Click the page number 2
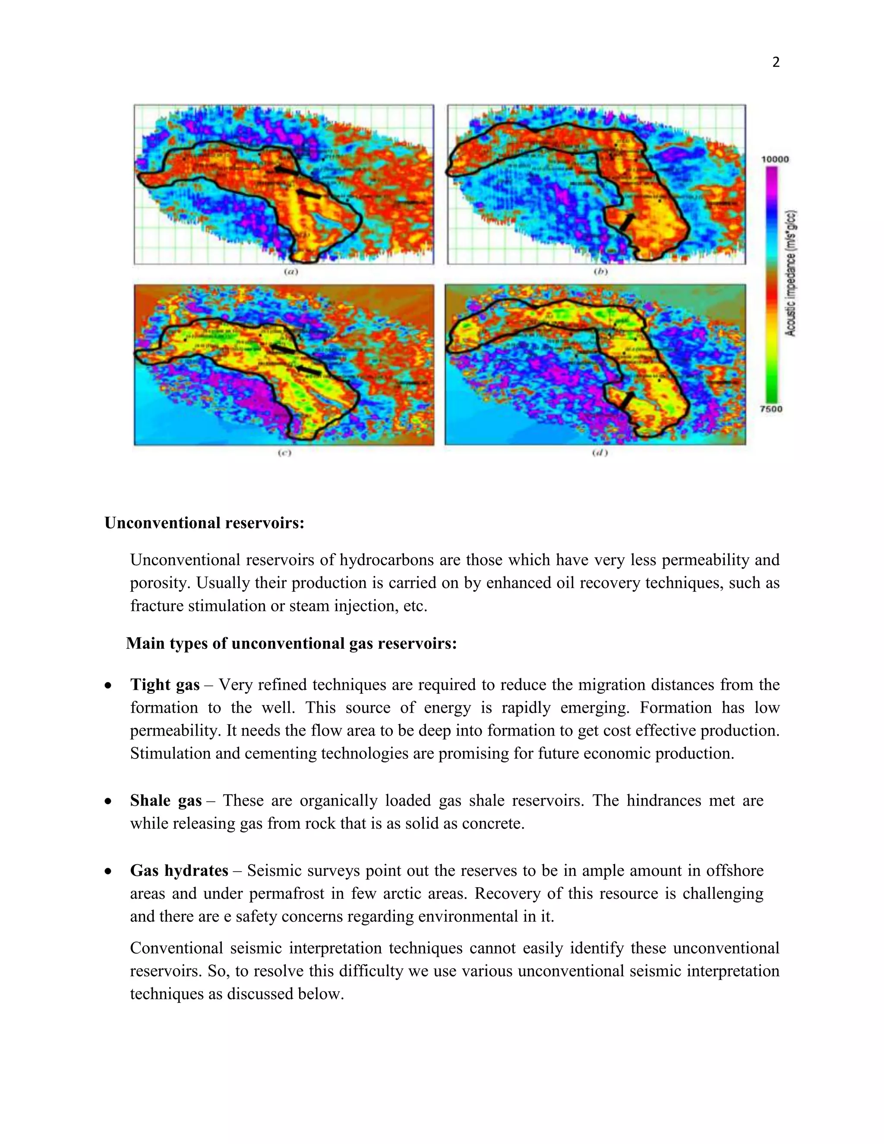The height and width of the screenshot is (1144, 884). (776, 62)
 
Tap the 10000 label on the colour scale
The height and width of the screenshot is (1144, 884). (774, 159)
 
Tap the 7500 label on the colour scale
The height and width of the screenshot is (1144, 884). (771, 409)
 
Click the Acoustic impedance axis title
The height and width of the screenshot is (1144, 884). (791, 273)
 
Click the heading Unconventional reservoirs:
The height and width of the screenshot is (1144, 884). (204, 523)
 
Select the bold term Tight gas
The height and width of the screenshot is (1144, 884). (165, 685)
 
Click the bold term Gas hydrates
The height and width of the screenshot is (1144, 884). (179, 871)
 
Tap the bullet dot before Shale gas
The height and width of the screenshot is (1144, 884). (108, 801)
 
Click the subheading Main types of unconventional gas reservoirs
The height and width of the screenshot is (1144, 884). (291, 643)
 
